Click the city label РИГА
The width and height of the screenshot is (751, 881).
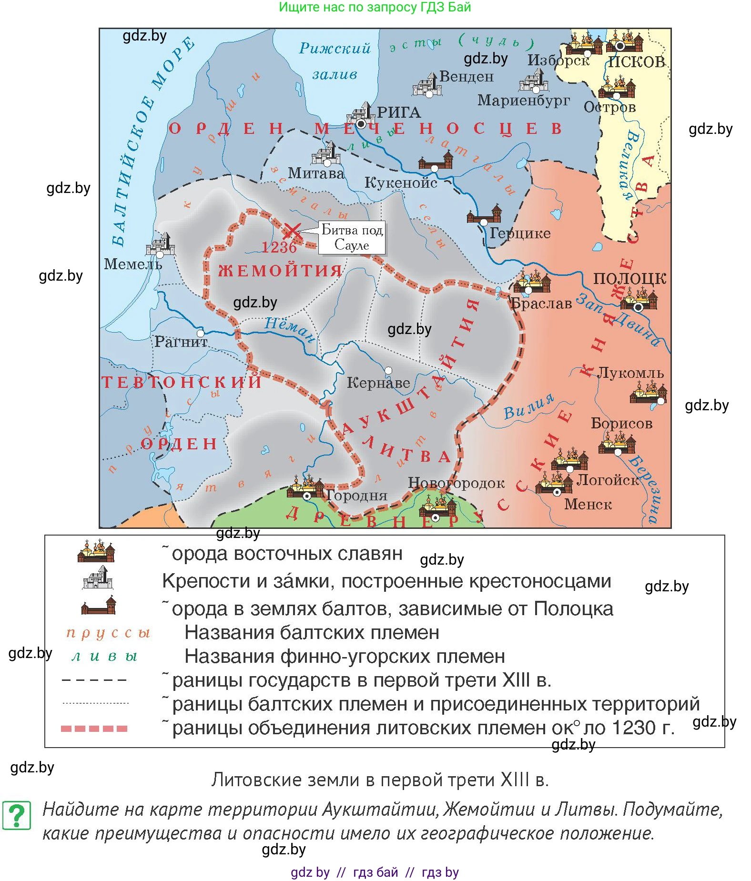pos(399,112)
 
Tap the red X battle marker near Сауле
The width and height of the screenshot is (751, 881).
pos(292,232)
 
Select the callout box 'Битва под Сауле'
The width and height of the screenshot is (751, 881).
pos(352,237)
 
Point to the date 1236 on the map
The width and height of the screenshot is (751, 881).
pos(279,247)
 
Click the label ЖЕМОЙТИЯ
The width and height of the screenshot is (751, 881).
pos(280,271)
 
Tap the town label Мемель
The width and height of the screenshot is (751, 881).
pos(133,264)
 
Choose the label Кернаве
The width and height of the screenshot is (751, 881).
pos(378,383)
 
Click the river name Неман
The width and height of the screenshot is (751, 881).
pos(290,328)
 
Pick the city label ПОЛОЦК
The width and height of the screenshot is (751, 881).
pos(629,278)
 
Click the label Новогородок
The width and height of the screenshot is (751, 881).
pos(456,483)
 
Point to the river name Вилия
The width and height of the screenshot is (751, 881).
pos(529,406)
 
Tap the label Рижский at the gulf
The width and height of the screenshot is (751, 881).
pos(335,48)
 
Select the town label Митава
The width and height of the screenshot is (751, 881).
pos(316,173)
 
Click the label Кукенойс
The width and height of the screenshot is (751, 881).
pos(400,182)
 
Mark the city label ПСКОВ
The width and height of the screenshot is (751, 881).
pos(636,62)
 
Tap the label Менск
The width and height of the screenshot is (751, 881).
pos(588,504)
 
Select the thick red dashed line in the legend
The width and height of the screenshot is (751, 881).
pos(94,728)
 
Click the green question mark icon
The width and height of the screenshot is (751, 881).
pos(17,815)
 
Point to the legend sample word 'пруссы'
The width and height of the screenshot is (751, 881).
pos(108,633)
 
